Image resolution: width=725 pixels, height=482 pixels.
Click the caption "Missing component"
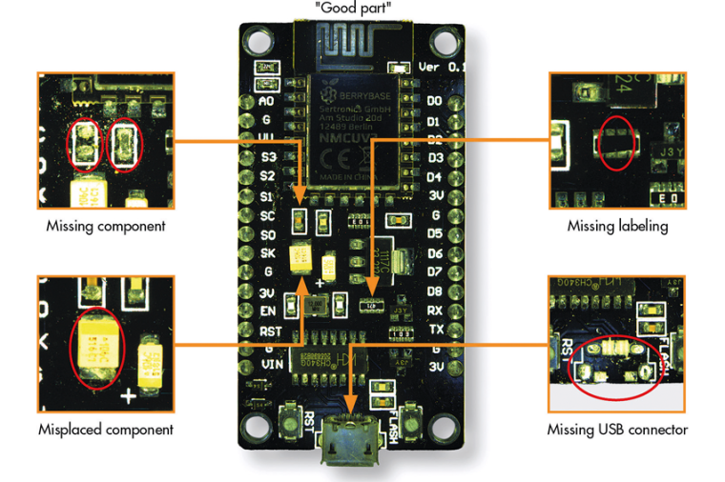[106, 227]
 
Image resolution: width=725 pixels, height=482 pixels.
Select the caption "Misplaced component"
[106, 430]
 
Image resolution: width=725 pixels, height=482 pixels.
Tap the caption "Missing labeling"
[617, 227]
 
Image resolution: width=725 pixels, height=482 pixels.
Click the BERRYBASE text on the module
[355, 97]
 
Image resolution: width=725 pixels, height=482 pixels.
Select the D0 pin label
[434, 101]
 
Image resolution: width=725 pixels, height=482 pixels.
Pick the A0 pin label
[268, 101]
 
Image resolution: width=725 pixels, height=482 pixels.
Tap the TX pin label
[435, 329]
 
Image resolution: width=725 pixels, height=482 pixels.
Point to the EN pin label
[268, 311]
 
